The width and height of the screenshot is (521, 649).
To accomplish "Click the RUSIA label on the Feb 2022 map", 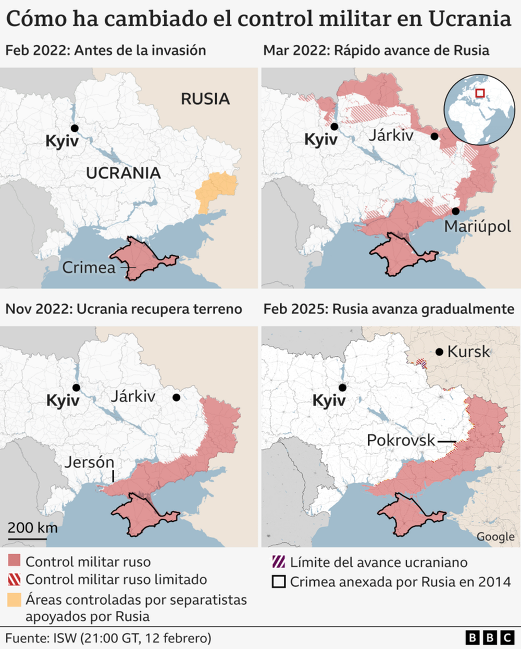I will point(205,99).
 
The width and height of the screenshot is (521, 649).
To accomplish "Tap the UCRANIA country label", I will point(123,173).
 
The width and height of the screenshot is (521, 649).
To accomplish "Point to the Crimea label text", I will point(89,268).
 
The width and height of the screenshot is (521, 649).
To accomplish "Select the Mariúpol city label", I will point(477,227).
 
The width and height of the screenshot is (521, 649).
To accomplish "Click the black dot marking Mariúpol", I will point(456,211).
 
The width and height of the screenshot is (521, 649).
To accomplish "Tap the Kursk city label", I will point(468,352).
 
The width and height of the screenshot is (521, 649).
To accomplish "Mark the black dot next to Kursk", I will point(439,352).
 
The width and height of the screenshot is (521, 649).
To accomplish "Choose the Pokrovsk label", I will point(401,440).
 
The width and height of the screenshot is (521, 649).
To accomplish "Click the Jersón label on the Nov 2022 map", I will point(89,462).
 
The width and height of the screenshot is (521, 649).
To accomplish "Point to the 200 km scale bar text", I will point(32,527).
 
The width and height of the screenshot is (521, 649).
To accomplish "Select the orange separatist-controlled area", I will point(216,191).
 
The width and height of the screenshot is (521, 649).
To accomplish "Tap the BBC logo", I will point(489,638).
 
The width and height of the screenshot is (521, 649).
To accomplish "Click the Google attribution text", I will point(495,537).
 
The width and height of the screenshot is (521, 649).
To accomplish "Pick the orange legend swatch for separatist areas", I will point(14,600).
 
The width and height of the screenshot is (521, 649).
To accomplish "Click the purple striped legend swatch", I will point(279,562).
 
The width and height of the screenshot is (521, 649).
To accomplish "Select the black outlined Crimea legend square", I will point(279,581).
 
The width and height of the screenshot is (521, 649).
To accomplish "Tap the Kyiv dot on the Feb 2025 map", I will point(342,388).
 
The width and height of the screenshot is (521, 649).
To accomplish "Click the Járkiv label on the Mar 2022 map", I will point(391,135).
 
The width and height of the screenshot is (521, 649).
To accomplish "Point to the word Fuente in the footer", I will point(26,638).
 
